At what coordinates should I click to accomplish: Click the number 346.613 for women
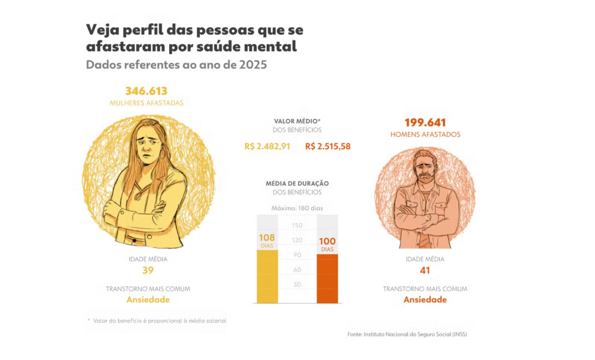click(146, 91)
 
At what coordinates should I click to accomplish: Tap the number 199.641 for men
click(425, 123)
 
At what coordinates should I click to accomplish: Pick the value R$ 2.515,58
click(328, 146)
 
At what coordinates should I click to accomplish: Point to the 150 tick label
click(297, 225)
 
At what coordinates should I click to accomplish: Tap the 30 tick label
click(297, 285)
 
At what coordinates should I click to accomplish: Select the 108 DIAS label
click(267, 241)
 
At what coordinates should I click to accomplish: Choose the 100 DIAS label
click(327, 244)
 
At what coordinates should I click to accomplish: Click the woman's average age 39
click(148, 271)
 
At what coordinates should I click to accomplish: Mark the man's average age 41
click(425, 271)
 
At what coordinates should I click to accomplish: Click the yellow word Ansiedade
click(148, 300)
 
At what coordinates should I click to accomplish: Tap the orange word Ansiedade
click(425, 300)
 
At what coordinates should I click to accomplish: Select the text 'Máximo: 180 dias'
click(297, 208)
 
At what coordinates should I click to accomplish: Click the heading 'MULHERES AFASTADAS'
click(146, 103)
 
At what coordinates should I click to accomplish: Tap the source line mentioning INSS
click(407, 334)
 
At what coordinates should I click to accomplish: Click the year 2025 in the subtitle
click(252, 64)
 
